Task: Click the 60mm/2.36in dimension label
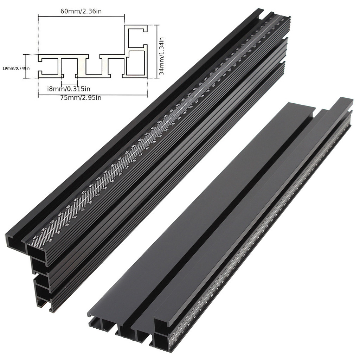[81, 11]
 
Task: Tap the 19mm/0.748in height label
[16, 68]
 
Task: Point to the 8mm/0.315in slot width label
[69, 89]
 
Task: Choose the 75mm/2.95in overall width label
[81, 98]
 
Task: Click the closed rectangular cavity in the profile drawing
[135, 63]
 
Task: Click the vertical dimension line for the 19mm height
[25, 66]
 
